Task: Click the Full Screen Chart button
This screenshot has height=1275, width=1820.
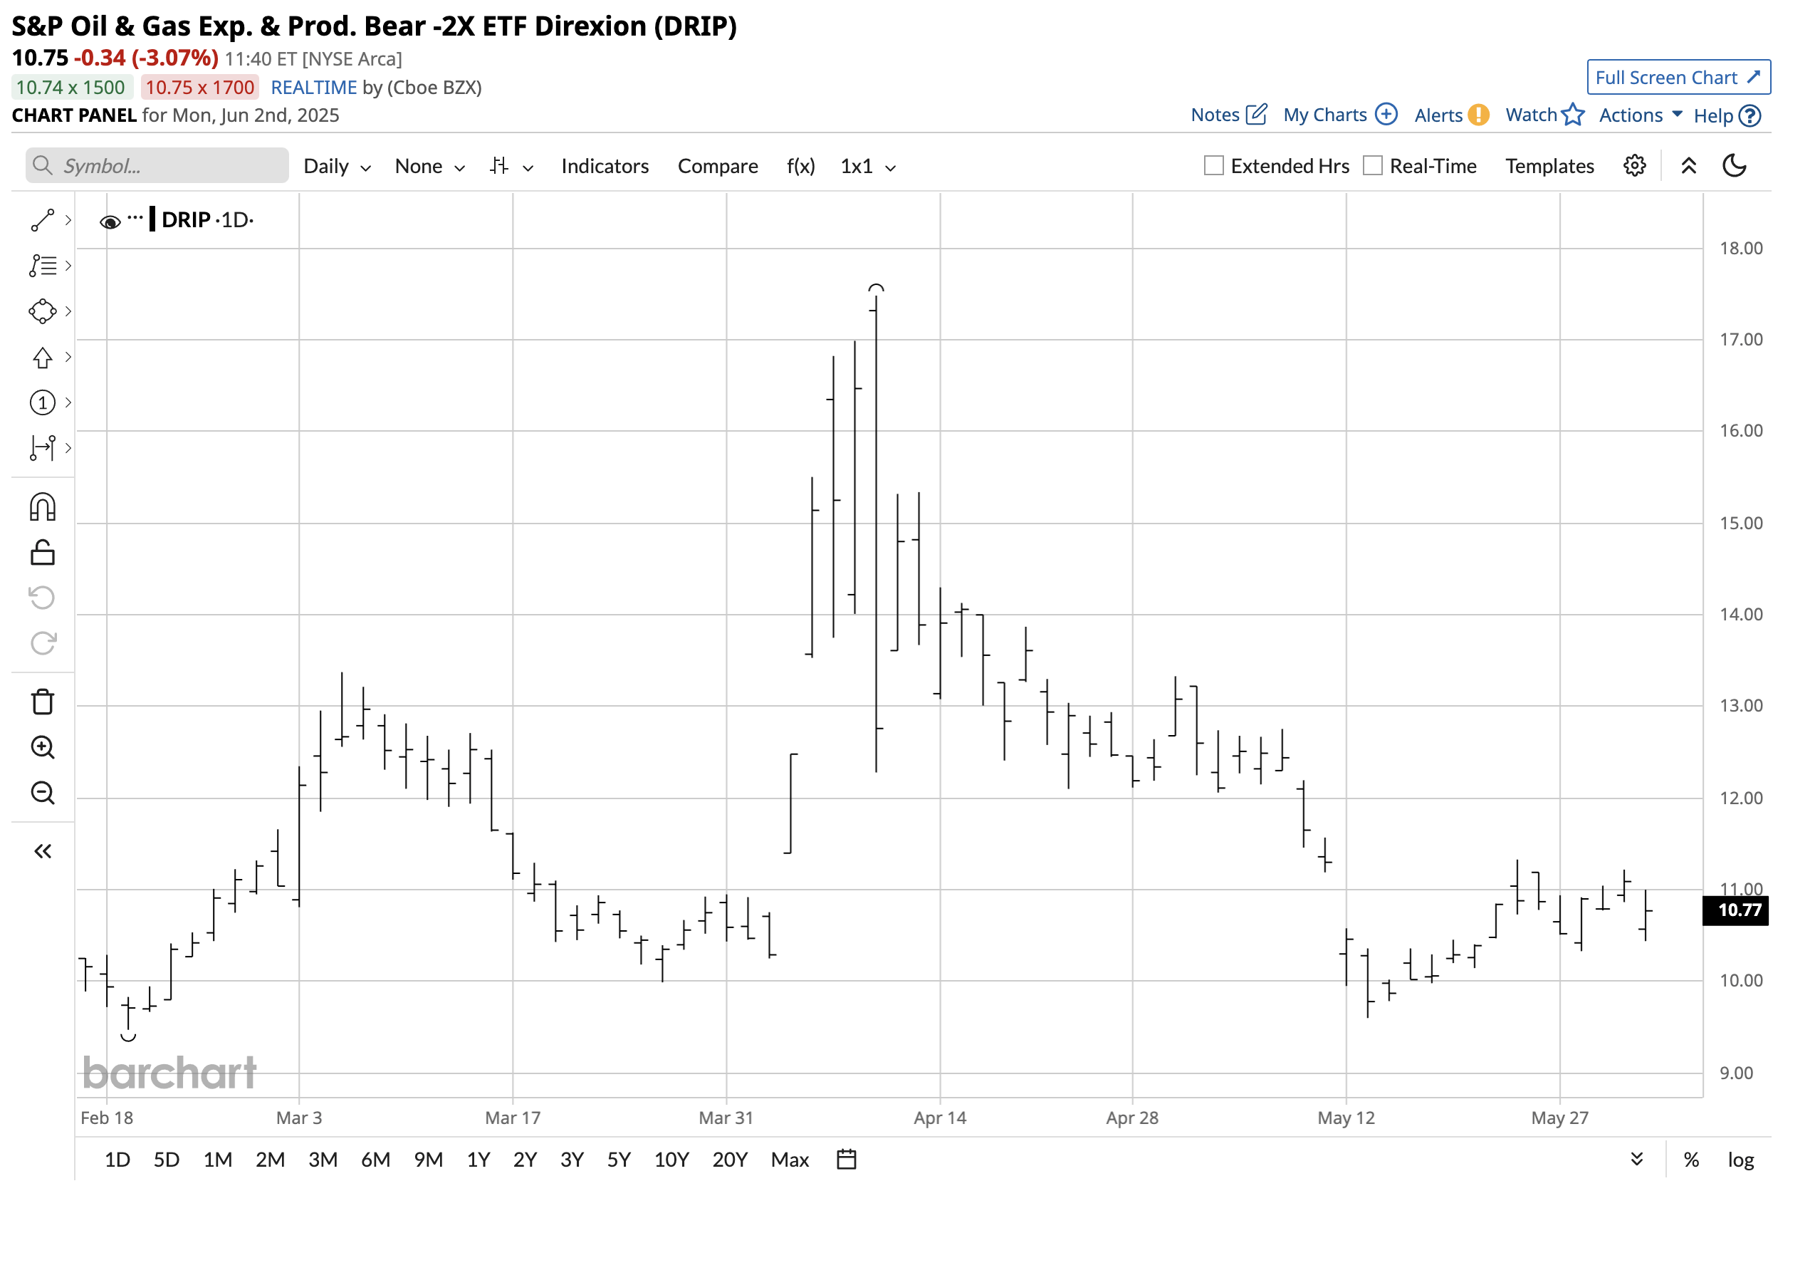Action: tap(1678, 78)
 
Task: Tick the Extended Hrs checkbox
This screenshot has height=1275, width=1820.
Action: tap(1213, 166)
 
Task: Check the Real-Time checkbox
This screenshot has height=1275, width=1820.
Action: tap(1372, 166)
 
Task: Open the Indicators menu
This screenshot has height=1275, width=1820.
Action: tap(604, 166)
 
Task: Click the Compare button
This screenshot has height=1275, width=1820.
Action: tap(717, 166)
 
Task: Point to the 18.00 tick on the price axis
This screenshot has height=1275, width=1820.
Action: tap(1741, 248)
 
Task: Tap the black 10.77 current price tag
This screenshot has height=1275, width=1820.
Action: tap(1735, 910)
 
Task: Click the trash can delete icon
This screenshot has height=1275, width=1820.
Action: tap(43, 702)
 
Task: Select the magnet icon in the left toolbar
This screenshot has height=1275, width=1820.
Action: tap(43, 507)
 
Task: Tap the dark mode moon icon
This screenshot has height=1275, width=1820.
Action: tap(1735, 166)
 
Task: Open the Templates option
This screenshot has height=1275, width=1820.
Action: tap(1549, 166)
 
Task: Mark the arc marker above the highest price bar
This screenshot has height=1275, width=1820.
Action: tap(875, 288)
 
